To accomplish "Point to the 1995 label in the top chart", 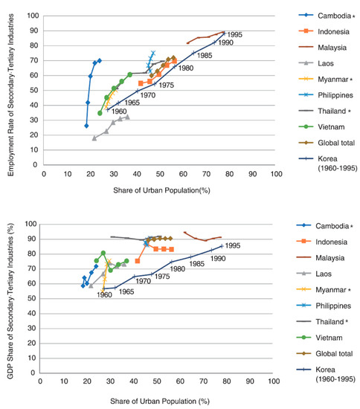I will coord(236,34).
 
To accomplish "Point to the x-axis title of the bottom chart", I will coord(159,400).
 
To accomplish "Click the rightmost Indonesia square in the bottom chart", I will coord(172,249).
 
